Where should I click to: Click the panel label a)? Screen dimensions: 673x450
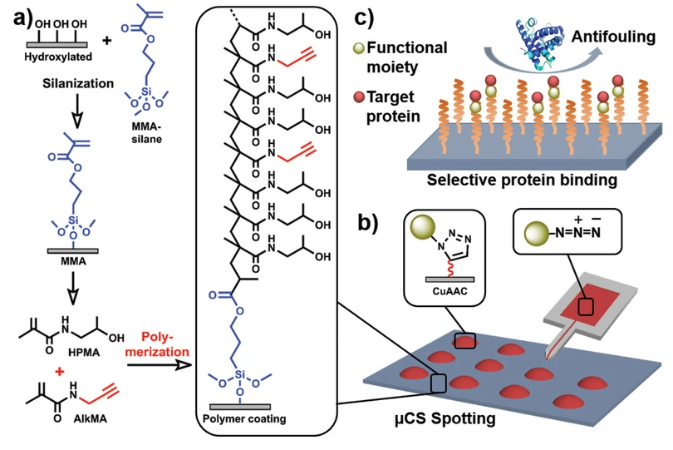coord(23,18)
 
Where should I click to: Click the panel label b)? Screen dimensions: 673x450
coord(368,222)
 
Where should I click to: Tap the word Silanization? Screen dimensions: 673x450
coord(78,83)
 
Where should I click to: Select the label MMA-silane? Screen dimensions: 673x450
coord(147,133)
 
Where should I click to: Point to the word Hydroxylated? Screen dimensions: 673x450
coord(58,57)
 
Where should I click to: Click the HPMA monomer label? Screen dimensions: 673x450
coord(84,353)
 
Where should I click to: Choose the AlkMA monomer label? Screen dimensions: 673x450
coord(90,418)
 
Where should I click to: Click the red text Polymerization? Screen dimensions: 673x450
coord(157,344)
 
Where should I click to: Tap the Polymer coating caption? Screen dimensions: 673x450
coord(244,418)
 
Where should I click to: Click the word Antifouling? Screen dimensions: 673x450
coord(613,37)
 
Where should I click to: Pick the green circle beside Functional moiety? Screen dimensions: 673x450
coord(359,48)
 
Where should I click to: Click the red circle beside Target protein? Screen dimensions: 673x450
coord(359,97)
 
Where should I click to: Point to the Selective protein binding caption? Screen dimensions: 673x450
coord(522,180)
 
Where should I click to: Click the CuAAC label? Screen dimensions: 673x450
coord(449,291)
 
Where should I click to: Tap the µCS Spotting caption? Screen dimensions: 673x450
coord(445,418)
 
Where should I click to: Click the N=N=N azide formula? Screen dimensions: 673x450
coord(577,233)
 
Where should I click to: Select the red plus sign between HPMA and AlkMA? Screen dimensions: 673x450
coord(60,371)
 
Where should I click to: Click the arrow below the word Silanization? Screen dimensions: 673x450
coord(77,111)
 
